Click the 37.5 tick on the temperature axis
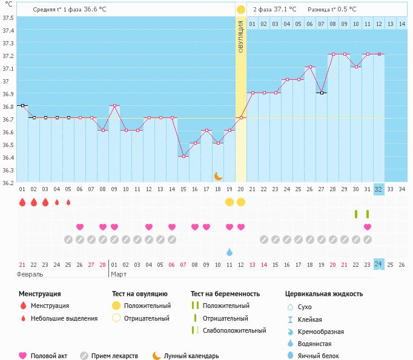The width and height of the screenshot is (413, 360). (8, 18)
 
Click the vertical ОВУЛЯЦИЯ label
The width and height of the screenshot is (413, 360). (240, 36)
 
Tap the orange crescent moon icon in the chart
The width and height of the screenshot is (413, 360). (219, 176)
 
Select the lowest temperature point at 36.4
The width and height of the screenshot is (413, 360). (183, 156)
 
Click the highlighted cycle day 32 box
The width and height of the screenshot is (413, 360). (378, 189)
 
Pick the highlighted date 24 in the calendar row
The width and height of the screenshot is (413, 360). (378, 264)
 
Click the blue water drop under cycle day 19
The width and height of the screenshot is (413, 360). (230, 252)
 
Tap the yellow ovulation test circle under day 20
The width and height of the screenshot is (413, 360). (241, 202)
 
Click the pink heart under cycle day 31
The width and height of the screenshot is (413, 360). (368, 227)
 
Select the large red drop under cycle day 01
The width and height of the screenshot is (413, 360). (22, 202)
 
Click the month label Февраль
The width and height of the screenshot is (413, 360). (30, 274)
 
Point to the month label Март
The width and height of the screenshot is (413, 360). (119, 274)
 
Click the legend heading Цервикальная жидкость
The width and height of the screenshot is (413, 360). (324, 294)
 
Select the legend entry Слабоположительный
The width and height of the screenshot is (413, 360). (234, 330)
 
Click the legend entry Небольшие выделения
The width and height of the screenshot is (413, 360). (64, 318)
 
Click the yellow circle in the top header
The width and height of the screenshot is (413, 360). (241, 10)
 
